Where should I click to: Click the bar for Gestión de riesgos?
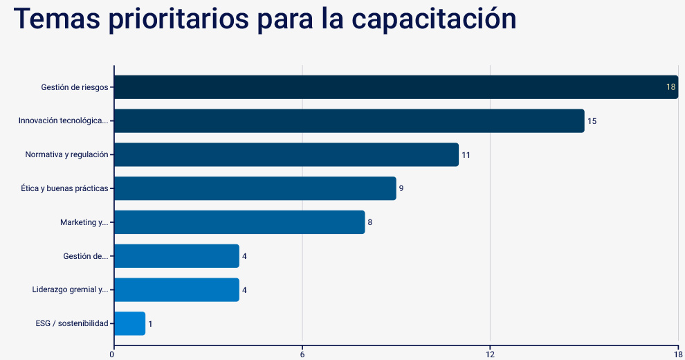tap(396, 87)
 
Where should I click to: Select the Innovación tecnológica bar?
tap(349, 120)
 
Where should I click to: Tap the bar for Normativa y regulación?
tap(286, 154)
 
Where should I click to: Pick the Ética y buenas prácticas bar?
tap(255, 188)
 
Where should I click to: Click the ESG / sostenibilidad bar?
tap(129, 323)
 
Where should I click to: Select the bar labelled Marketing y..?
tap(239, 222)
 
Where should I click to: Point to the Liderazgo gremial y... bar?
tap(176, 289)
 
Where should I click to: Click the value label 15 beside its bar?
tap(592, 121)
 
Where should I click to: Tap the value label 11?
tap(466, 155)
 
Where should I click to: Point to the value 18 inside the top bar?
tap(670, 87)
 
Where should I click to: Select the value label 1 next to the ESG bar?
tap(150, 324)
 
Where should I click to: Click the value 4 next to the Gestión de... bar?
tap(244, 256)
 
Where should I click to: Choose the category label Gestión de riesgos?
tap(74, 87)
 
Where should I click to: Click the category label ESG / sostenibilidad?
tap(72, 323)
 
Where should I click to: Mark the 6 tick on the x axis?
tap(302, 354)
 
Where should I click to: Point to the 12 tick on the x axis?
tap(490, 354)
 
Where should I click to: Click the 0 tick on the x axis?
tap(113, 354)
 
